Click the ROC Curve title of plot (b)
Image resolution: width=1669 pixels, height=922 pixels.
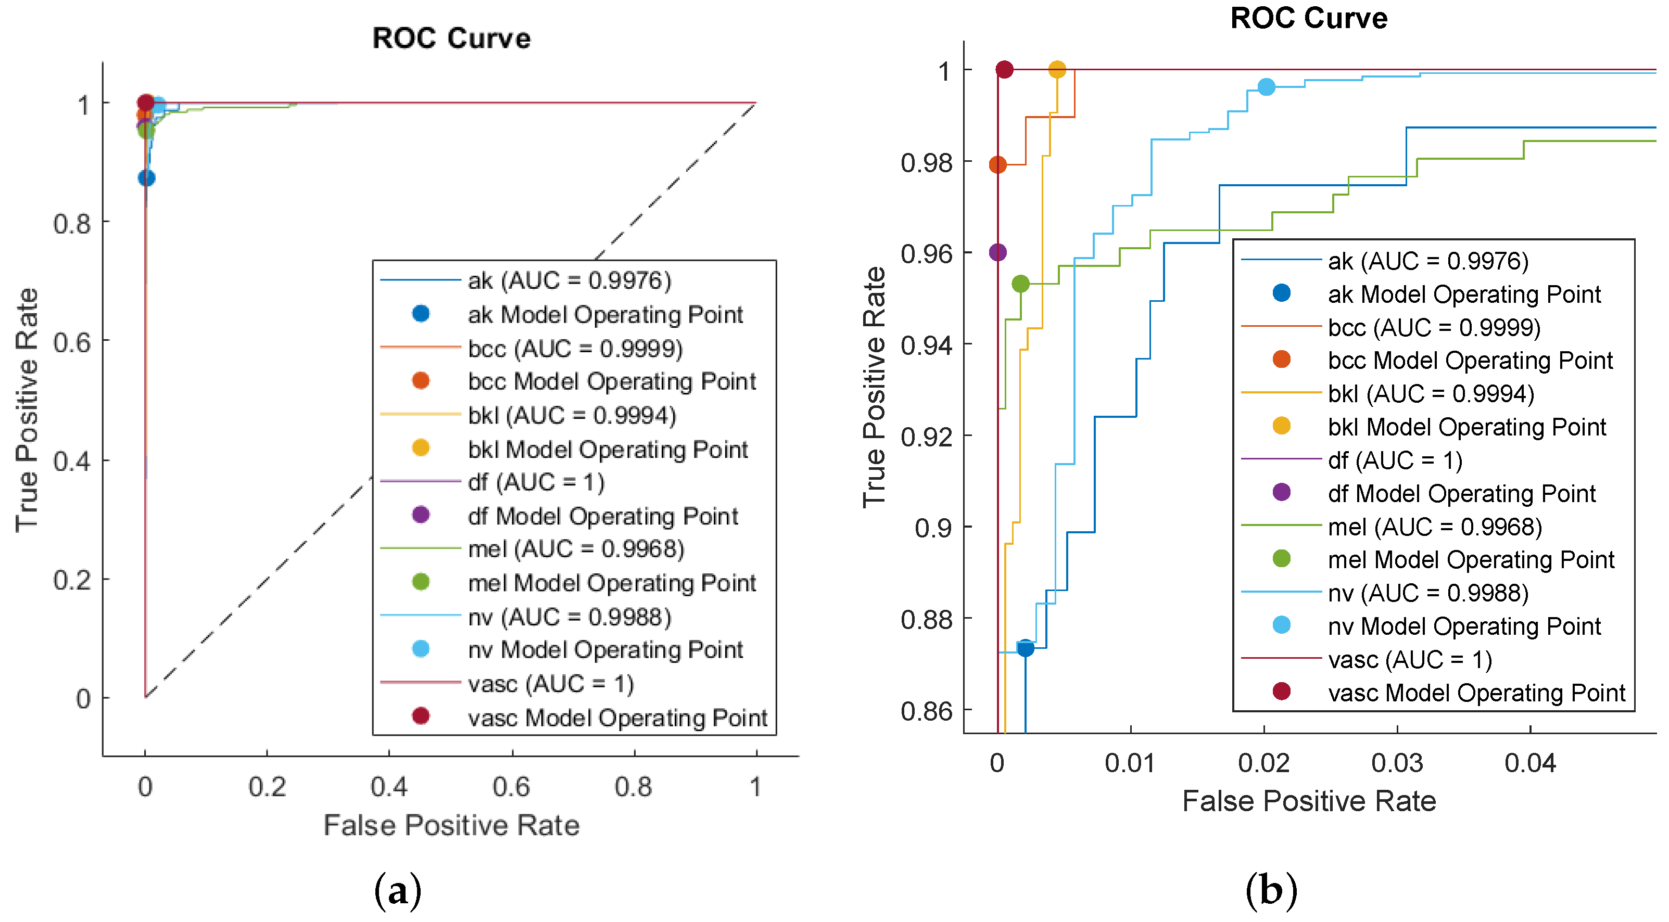pos(1308,18)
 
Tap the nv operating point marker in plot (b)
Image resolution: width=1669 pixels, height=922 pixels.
pos(1266,87)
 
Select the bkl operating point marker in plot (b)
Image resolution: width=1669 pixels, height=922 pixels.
pos(1057,69)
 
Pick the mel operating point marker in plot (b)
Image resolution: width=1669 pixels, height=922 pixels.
pos(1020,284)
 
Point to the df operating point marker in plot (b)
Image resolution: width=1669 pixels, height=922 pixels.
pos(998,252)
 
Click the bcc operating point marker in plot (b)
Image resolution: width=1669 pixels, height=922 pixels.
pos(998,164)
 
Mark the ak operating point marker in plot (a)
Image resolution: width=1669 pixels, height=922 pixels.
pos(146,178)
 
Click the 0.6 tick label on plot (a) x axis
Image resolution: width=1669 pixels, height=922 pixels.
pos(511,787)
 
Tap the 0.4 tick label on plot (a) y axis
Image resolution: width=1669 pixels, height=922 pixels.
pos(72,462)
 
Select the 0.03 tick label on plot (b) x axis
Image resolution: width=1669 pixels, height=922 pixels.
pos(1397,763)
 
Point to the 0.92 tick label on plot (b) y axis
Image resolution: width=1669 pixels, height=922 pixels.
pos(927,437)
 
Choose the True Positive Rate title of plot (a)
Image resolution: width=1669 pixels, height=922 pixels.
pos(27,411)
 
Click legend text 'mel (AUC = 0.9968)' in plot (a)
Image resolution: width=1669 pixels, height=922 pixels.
pos(576,549)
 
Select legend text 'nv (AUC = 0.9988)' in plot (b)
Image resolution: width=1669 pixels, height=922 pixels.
pos(1428,593)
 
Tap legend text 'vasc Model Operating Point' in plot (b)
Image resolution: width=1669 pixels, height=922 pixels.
pos(1476,693)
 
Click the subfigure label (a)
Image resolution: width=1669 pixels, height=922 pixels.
pos(398,891)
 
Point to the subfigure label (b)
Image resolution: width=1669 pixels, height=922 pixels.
pos(1271,891)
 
